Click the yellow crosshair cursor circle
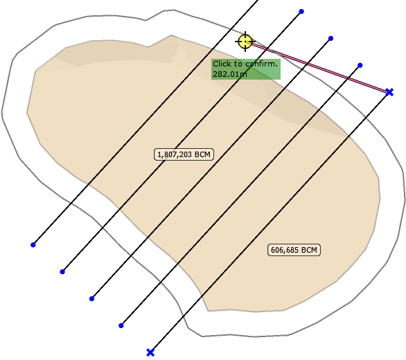[x=245, y=42]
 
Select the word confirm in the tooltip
[x=261, y=64]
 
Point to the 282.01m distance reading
[x=229, y=74]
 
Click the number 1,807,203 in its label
[x=175, y=154]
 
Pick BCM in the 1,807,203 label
[x=202, y=154]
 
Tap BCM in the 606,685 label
[x=309, y=250]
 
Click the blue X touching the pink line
[x=389, y=92]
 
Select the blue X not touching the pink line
[x=150, y=352]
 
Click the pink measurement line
[x=317, y=67]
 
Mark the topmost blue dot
[x=301, y=11]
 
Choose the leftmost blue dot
[x=33, y=244]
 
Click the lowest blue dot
[x=121, y=325]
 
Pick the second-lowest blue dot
[x=91, y=298]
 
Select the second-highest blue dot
[x=330, y=39]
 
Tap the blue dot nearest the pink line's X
[x=360, y=65]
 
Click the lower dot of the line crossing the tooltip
[x=62, y=271]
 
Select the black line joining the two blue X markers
[x=270, y=222]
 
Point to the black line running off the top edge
[x=145, y=122]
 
